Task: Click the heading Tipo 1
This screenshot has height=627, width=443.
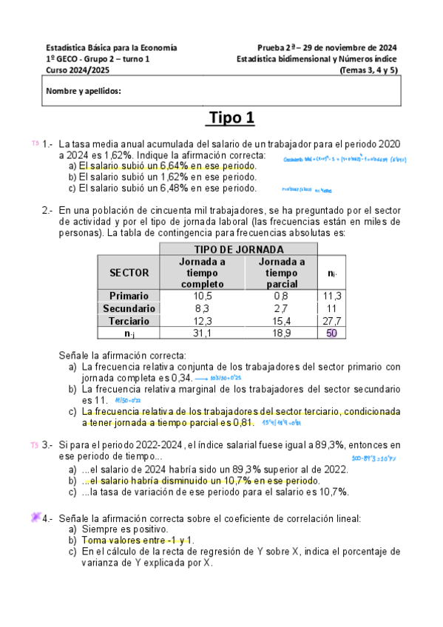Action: (x=231, y=119)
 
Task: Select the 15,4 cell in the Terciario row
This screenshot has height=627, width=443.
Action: (x=281, y=321)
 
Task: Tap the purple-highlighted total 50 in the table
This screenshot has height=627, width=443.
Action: (x=331, y=333)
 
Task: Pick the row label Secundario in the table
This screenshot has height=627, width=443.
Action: (x=129, y=308)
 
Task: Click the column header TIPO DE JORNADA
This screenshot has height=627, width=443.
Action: (x=237, y=249)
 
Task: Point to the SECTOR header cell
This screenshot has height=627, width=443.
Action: (x=129, y=272)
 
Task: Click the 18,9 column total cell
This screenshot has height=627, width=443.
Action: (x=281, y=333)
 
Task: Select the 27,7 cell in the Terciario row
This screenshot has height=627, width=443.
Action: (x=331, y=321)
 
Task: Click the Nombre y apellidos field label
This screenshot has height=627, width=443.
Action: (x=84, y=92)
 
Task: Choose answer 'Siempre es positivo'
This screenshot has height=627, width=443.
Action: (x=124, y=529)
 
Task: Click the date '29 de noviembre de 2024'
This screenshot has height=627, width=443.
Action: (x=352, y=47)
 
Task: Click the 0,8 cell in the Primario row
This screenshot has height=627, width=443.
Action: (x=281, y=296)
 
